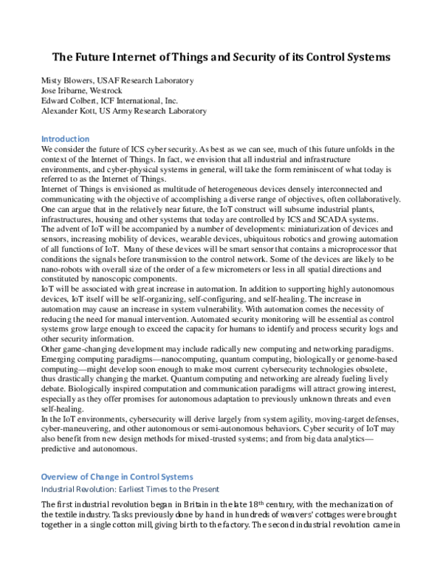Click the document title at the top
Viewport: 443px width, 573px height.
click(222, 57)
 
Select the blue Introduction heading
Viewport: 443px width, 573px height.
click(65, 139)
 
